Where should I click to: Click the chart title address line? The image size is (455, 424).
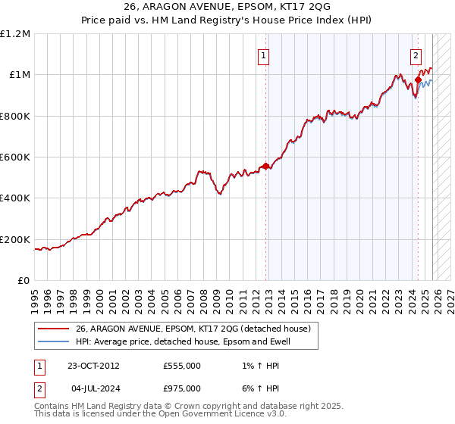[x=227, y=6]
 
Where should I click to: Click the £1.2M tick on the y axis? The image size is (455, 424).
[x=15, y=34]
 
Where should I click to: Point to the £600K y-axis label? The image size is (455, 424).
[x=15, y=157]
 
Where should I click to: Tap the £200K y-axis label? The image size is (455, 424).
[x=15, y=239]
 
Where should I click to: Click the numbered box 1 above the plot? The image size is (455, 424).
[x=263, y=55]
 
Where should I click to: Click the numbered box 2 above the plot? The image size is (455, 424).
[x=416, y=55]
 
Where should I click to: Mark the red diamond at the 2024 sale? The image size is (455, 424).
[x=418, y=79]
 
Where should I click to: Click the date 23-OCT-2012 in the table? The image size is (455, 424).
[x=93, y=366]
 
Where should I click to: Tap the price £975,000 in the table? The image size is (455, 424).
[x=182, y=388]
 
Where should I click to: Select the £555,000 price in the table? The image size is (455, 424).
[x=182, y=366]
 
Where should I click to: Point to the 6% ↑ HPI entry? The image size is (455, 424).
[x=253, y=388]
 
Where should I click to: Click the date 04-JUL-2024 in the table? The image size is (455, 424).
[x=93, y=388]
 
